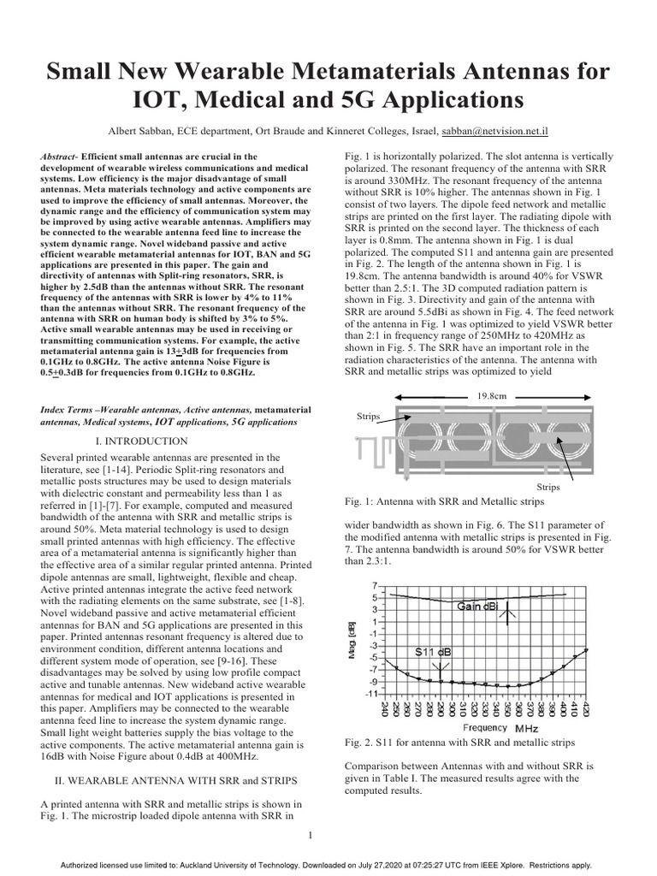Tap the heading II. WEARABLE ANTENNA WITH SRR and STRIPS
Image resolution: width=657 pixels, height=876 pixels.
click(170, 780)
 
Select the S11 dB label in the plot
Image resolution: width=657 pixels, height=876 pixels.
click(434, 652)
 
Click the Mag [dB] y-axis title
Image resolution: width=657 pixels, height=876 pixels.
click(351, 639)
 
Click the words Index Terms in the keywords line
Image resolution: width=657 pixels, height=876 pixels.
click(70, 410)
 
